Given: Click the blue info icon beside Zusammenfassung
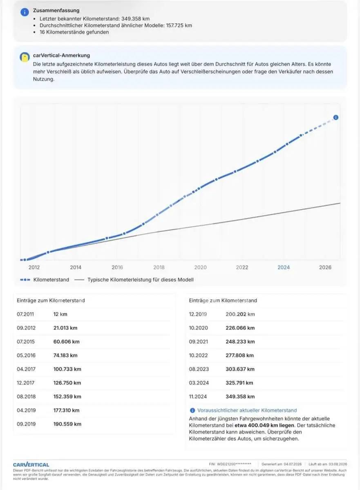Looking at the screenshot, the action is [25, 12].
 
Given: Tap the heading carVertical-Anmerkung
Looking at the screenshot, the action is [61, 56].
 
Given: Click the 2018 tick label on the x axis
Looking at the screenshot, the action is [159, 267].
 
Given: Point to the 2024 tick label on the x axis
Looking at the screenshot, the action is [284, 267].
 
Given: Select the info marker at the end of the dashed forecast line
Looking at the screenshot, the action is [336, 118].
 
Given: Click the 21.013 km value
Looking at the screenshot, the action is [65, 328].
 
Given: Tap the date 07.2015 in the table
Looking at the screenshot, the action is [26, 342].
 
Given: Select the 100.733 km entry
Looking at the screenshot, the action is [67, 369].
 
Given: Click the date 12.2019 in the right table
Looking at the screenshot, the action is [198, 314].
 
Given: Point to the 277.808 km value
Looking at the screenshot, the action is [239, 356].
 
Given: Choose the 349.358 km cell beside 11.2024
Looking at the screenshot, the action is [240, 396].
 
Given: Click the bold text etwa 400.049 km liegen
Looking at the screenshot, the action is [264, 425].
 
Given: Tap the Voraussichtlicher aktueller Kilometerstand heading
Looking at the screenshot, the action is [247, 410].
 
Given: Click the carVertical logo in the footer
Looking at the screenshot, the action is [31, 464].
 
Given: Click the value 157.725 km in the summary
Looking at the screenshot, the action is [179, 25].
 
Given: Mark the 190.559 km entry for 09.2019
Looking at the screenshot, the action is [67, 424].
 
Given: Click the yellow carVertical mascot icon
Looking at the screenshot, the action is [25, 57].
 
